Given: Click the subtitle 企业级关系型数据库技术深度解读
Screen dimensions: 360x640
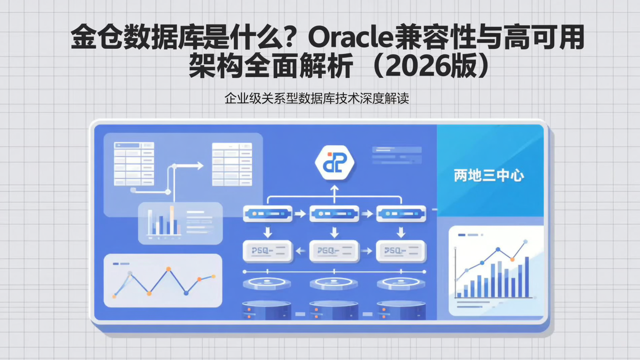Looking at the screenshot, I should click(316, 98).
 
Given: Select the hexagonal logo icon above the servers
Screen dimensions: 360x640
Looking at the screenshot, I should click(334, 164).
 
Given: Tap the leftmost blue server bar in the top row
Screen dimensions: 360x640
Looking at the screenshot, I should click(268, 214).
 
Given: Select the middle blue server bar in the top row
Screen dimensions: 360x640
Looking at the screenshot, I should click(334, 214).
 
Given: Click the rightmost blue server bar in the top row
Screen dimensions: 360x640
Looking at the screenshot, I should click(401, 214).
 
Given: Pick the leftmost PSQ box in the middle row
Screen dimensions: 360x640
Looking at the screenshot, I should click(268, 251).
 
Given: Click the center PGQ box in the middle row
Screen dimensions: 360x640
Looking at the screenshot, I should click(334, 251).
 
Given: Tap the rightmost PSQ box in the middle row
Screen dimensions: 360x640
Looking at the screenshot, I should click(401, 251).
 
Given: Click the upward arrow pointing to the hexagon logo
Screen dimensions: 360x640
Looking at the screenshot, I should click(334, 190).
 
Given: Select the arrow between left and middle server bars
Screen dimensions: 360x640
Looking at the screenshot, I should click(300, 214).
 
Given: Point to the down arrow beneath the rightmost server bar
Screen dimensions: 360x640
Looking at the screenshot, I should click(401, 232).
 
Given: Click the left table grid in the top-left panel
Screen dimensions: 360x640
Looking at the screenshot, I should click(134, 164).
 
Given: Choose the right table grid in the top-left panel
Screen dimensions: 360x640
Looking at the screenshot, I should click(232, 164).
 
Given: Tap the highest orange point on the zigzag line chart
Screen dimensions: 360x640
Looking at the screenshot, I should click(168, 269).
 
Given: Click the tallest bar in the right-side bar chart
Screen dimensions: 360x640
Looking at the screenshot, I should click(527, 276).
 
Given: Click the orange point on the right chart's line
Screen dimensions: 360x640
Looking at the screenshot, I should click(512, 259).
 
